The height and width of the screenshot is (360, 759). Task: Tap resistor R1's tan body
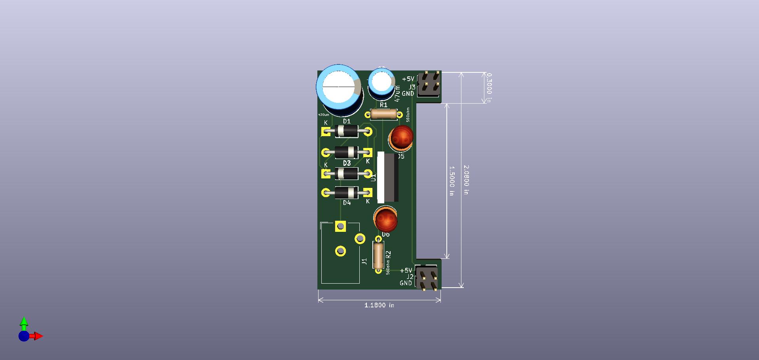383,115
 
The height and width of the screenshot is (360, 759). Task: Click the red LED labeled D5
401,137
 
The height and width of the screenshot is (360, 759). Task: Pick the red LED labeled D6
385,220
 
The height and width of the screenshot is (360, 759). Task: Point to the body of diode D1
346,131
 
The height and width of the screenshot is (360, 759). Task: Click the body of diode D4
346,193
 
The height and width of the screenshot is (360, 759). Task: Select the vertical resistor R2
378,255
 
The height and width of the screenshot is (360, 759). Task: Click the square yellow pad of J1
340,226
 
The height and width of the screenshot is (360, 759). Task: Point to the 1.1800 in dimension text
379,305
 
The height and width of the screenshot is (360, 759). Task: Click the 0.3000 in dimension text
489,87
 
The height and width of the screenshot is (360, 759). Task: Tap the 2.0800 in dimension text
466,180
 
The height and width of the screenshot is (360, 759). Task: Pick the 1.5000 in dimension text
452,181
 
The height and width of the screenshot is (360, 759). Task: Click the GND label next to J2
406,283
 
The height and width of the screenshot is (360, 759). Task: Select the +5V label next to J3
408,79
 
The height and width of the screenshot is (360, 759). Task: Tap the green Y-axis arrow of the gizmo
24,322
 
